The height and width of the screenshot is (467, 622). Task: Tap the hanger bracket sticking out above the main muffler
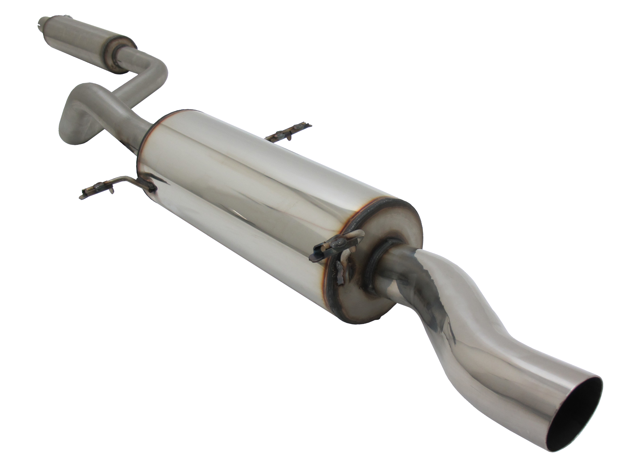290,132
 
